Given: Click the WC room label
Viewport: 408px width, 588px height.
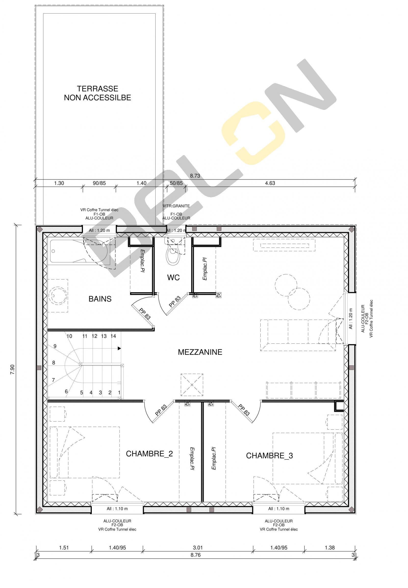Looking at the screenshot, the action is click(x=174, y=277).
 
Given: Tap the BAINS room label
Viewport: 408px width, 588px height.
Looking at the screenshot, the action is click(x=100, y=299).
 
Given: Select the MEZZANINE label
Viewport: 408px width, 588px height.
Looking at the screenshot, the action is click(x=200, y=352).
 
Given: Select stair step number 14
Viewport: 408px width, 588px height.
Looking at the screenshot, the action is click(x=113, y=336).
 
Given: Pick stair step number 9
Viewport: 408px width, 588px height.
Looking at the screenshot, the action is click(x=55, y=347).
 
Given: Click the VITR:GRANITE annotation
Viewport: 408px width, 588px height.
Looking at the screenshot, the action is click(x=176, y=206).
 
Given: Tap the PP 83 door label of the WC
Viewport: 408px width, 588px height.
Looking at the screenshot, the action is click(x=175, y=302).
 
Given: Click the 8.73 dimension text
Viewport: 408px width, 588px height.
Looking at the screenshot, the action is click(x=195, y=176).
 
